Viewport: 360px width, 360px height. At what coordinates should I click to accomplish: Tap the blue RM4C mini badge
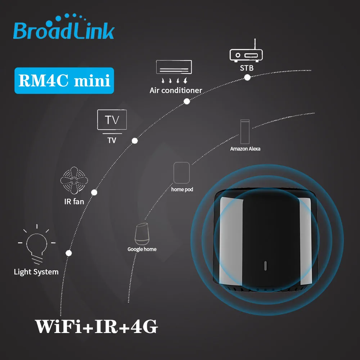(64, 81)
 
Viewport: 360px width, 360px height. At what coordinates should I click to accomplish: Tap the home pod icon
(181, 173)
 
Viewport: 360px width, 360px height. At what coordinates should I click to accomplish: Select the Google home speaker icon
(141, 233)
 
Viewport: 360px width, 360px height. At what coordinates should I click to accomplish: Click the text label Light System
(36, 272)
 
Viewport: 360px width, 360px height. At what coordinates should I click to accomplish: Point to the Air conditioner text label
(176, 90)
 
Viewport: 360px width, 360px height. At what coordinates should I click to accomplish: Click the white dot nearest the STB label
(247, 77)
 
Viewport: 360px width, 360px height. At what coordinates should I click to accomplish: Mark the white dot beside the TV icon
(135, 140)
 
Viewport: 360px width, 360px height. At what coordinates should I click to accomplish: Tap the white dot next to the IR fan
(94, 193)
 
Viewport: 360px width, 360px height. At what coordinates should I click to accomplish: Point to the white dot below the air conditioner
(186, 102)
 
